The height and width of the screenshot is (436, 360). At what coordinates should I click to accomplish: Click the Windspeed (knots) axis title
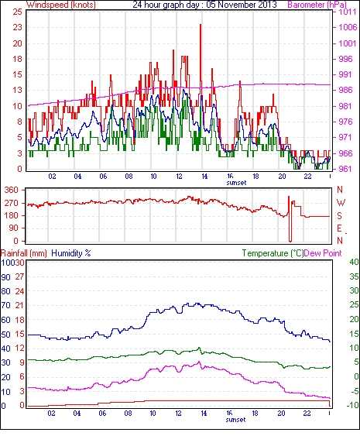pyautogui.click(x=61, y=5)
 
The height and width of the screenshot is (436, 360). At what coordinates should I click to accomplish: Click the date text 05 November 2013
pyautogui.click(x=242, y=5)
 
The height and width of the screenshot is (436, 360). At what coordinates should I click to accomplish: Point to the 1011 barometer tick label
pyautogui.click(x=347, y=12)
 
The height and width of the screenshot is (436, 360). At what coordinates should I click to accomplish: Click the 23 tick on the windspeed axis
pyautogui.click(x=17, y=27)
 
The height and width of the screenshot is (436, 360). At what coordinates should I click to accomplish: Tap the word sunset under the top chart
pyautogui.click(x=236, y=183)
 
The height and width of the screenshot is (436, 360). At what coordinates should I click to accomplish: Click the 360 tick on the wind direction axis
pyautogui.click(x=12, y=191)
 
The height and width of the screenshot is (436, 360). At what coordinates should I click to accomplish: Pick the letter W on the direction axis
pyautogui.click(x=341, y=202)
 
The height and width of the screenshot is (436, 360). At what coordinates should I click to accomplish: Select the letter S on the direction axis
pyautogui.click(x=339, y=215)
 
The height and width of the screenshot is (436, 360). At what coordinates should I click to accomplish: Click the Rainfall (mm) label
pyautogui.click(x=24, y=253)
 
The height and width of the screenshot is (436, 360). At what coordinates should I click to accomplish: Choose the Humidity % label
pyautogui.click(x=71, y=253)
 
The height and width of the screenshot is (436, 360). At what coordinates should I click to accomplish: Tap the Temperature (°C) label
pyautogui.click(x=273, y=253)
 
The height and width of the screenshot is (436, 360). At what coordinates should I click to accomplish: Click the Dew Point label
pyautogui.click(x=323, y=253)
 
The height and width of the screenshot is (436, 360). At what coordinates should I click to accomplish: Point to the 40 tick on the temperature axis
pyautogui.click(x=354, y=262)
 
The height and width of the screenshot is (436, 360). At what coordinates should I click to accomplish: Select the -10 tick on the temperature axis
pyautogui.click(x=352, y=405)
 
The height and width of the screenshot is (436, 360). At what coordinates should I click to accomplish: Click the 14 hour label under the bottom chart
pyautogui.click(x=204, y=414)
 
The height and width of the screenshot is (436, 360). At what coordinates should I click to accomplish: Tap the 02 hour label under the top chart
pyautogui.click(x=52, y=176)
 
